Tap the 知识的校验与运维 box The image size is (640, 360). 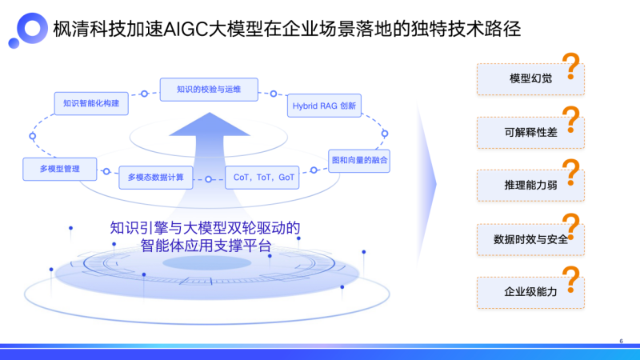209,89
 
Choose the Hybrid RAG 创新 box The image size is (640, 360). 323,106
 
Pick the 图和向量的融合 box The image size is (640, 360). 360,160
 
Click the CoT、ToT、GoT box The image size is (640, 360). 263,177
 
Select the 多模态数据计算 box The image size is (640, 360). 156,177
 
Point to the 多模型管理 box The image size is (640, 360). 60,170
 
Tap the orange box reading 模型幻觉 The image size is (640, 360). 526,78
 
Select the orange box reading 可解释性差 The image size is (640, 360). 526,131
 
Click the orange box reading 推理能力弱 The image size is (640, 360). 526,185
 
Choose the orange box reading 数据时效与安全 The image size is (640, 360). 526,238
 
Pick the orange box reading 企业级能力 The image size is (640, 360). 526,291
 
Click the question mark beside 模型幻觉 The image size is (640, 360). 571,66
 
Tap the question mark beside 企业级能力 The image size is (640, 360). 571,281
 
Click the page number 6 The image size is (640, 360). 621,341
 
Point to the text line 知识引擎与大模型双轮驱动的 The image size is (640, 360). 206,227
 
